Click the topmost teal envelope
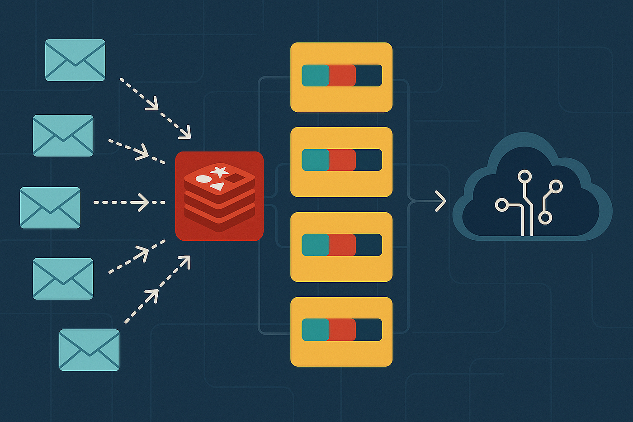tap(75, 60)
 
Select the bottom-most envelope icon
tap(90, 350)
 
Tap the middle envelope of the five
tap(50, 208)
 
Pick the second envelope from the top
tap(63, 136)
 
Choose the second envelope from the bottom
tap(63, 279)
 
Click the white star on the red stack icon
tap(220, 171)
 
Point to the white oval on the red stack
tap(203, 179)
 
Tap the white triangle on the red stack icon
tap(218, 186)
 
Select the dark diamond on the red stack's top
tap(235, 178)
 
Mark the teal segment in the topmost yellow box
tap(315, 76)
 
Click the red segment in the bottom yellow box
tap(342, 330)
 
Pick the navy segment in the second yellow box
tap(368, 160)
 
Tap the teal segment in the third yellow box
tap(315, 245)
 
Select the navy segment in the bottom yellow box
tap(368, 330)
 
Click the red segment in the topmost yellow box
tap(342, 76)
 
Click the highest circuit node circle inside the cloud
tap(524, 176)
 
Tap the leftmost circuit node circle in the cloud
tap(501, 205)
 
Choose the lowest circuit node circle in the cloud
tap(545, 218)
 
